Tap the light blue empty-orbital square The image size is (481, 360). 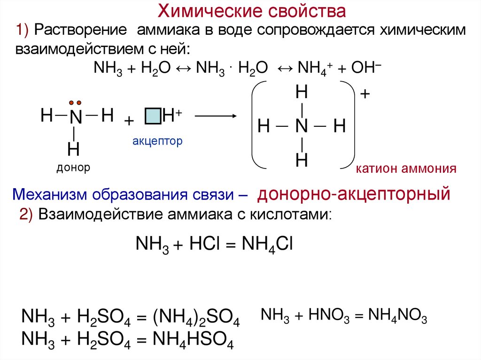pyautogui.click(x=153, y=115)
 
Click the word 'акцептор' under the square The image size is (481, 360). pyautogui.click(x=156, y=140)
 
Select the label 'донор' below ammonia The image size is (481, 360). pyautogui.click(x=73, y=168)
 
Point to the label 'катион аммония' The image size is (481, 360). pyautogui.click(x=406, y=169)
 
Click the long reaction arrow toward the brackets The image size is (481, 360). pyautogui.click(x=215, y=116)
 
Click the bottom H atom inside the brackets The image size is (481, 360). pyautogui.click(x=301, y=161)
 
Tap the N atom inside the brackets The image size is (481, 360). pyautogui.click(x=301, y=126)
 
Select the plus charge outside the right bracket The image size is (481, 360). pyautogui.click(x=365, y=94)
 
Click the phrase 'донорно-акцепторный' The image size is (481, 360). pyautogui.click(x=354, y=193)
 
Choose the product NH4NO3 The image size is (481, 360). pyautogui.click(x=397, y=316)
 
